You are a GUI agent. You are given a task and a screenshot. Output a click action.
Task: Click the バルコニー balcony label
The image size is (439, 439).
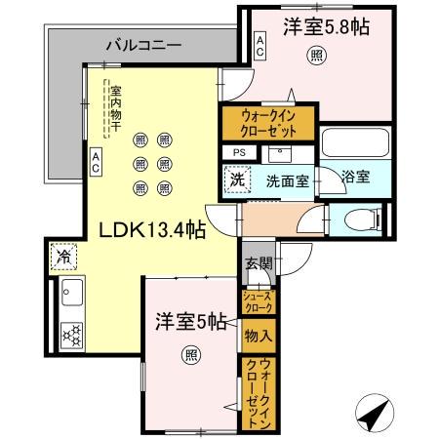pos(143,45)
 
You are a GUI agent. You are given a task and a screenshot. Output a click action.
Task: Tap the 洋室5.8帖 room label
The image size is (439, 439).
pos(327,27)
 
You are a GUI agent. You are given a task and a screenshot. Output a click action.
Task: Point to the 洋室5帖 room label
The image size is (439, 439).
pos(192,320)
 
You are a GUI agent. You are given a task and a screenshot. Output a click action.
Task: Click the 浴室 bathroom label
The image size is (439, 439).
pos(356,177)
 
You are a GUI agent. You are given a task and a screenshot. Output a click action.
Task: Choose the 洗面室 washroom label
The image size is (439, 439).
pos(289,180)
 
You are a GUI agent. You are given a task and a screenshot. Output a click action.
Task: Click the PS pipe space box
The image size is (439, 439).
pos(238,153)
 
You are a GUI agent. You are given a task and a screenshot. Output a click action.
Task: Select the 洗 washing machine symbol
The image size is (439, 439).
pos(237,180)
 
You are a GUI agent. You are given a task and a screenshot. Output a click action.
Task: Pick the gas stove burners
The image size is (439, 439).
pos(73,334)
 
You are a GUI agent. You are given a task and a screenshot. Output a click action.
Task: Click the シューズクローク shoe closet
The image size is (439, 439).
pos(259,300)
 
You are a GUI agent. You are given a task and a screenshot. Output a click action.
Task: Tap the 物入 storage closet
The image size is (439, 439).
pos(259,336)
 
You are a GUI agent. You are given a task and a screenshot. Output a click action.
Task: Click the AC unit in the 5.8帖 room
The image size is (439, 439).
pos(259,43)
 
